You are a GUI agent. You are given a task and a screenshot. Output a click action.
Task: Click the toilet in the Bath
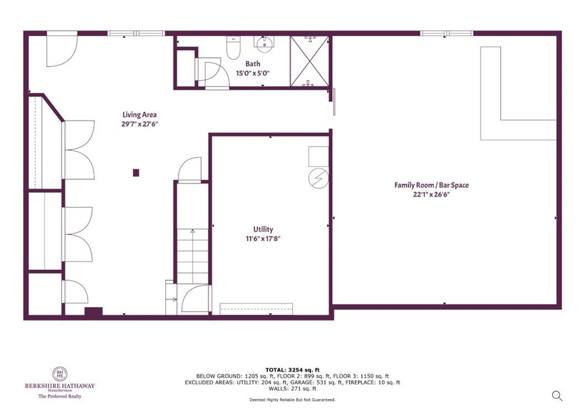coord(234,48)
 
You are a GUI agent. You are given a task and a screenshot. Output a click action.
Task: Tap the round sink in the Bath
coord(264,45)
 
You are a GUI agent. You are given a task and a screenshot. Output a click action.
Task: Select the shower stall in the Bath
coord(309,61)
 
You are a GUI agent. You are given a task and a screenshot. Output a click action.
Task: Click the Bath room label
coord(252,64)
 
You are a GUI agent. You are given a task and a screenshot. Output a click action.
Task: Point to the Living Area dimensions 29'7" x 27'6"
coord(140,124)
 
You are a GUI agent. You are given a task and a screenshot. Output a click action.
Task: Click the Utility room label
coord(263,229)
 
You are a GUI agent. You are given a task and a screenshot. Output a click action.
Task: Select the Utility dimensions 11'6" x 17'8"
coord(263,239)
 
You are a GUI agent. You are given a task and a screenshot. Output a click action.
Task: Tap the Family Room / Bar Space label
coord(431,185)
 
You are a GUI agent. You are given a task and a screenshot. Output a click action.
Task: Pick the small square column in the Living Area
coord(136,172)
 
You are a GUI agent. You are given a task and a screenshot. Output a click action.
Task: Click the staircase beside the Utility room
coord(192,254)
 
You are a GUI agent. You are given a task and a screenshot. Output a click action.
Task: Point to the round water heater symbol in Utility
coord(318,178)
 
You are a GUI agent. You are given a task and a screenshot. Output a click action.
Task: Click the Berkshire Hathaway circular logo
coord(60,374)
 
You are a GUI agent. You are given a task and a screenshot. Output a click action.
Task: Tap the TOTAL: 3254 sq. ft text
coord(292,370)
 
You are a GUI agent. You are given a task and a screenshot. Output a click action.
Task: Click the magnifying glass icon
coord(557,395)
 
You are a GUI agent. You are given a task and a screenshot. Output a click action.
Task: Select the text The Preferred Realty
coord(60,396)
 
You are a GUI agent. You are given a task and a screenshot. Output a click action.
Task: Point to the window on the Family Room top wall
coord(446,33)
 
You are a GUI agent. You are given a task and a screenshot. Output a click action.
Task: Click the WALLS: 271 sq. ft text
coord(292,388)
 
